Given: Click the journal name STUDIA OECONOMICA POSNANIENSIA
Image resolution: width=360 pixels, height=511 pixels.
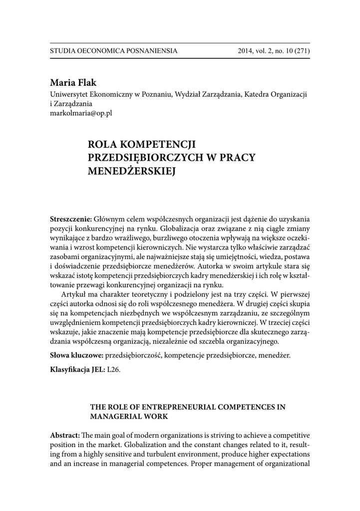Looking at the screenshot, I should (114, 51).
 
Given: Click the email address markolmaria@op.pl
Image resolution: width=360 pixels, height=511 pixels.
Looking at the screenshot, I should (81, 113).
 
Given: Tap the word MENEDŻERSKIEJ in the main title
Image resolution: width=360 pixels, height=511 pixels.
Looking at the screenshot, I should (133, 171).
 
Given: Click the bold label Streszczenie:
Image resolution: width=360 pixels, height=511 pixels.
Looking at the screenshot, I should (71, 220).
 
